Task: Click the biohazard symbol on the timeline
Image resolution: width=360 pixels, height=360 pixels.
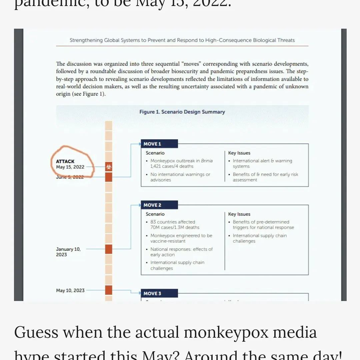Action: click(109, 167)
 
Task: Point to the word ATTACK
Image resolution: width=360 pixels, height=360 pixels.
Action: click(65, 161)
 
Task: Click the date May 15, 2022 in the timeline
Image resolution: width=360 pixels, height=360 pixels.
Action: click(70, 167)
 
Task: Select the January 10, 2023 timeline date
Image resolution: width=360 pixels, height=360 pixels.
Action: click(68, 252)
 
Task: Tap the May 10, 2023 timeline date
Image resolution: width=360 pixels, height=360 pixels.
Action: click(70, 290)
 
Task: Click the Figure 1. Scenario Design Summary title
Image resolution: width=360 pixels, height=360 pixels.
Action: click(182, 112)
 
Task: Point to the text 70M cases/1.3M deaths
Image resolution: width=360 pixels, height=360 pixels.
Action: click(175, 227)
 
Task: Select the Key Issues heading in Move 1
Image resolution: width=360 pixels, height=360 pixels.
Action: click(239, 153)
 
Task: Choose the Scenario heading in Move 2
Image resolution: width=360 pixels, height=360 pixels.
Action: click(155, 214)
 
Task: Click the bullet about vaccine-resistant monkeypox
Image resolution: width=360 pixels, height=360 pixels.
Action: click(181, 238)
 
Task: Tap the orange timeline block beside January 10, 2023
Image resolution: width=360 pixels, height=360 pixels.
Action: click(109, 249)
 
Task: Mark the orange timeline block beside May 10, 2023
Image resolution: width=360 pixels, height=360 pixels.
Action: click(109, 290)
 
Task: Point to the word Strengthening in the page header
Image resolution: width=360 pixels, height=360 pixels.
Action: click(86, 40)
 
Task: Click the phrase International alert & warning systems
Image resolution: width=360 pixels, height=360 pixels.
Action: click(262, 163)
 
